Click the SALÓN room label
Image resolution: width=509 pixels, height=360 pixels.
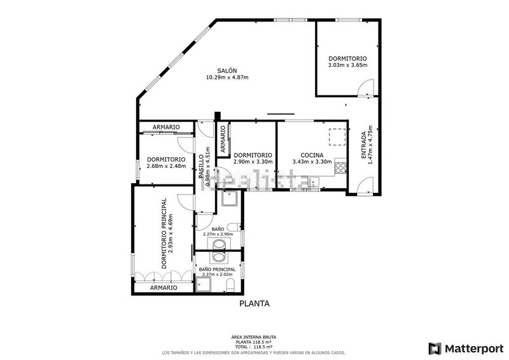(227, 71)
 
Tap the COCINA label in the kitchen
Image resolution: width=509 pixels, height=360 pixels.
(308, 155)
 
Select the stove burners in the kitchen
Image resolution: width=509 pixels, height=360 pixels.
(341, 169)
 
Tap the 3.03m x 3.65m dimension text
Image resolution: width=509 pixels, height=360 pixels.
(347, 65)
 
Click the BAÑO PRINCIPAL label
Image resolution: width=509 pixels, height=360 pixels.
(218, 270)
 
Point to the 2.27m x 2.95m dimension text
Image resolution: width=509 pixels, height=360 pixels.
(218, 234)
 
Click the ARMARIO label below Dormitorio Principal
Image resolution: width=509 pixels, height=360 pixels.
(164, 288)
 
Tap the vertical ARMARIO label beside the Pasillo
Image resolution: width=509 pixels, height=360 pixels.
(223, 139)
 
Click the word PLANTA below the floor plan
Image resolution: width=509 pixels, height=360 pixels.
(254, 303)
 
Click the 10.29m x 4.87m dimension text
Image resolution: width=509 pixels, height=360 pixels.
(227, 78)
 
